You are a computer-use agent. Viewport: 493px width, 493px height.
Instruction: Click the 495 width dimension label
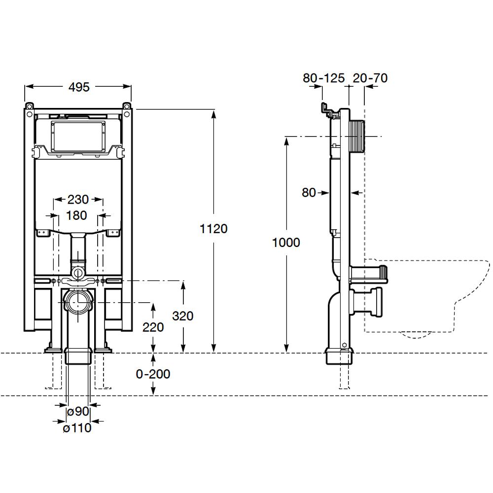point(79,87)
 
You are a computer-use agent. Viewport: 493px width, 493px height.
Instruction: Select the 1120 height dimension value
point(213,229)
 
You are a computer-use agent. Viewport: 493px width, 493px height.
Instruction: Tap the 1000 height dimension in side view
point(286,243)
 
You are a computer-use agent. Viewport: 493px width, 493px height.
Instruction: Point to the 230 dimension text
point(78,199)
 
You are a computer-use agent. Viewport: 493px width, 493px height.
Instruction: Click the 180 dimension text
point(76,215)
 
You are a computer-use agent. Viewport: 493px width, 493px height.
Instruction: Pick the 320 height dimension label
point(183,316)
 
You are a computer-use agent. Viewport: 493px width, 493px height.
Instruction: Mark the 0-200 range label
point(153,374)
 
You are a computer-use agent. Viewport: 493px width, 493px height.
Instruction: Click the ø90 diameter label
point(78,411)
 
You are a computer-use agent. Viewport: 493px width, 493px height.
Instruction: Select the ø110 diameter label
point(77,427)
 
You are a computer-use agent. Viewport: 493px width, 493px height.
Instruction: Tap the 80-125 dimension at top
point(323,78)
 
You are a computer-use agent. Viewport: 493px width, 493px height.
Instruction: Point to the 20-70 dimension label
point(370,78)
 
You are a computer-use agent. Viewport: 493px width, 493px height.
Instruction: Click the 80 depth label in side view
point(309,192)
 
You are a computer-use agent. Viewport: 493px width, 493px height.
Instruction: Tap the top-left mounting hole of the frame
point(30,106)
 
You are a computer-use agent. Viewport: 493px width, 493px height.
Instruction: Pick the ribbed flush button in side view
point(357,133)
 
